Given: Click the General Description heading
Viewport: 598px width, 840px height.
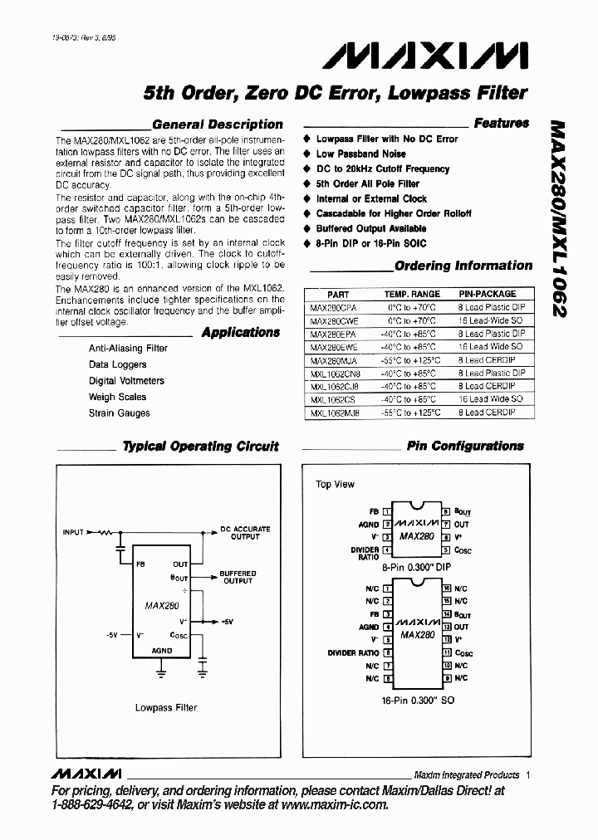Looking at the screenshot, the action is pyautogui.click(x=218, y=125).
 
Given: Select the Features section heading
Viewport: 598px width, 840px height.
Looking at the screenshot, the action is pyautogui.click(x=501, y=123).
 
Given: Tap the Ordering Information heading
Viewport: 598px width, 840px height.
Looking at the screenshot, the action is pyautogui.click(x=463, y=266).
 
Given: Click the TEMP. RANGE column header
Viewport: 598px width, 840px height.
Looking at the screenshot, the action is pyautogui.click(x=412, y=294).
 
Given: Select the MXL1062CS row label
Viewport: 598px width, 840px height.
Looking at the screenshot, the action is pyautogui.click(x=331, y=398).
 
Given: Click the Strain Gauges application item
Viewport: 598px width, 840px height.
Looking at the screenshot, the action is pyautogui.click(x=120, y=413).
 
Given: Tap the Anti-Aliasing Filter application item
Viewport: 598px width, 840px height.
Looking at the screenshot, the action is pyautogui.click(x=128, y=349).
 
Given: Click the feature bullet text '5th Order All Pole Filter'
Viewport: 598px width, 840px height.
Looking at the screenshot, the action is pyautogui.click(x=367, y=183).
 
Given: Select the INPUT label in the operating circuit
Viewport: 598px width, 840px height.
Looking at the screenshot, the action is pyautogui.click(x=73, y=531).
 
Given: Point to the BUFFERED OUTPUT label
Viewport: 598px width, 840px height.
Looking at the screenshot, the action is pyautogui.click(x=238, y=577).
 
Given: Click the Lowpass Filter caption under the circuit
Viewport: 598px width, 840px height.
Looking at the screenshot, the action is pyautogui.click(x=166, y=707).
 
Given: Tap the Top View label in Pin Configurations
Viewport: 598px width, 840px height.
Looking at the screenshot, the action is pyautogui.click(x=335, y=484).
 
